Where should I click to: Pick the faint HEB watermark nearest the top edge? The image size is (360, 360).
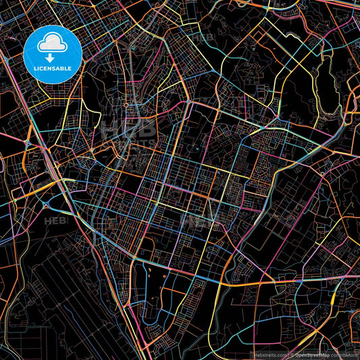click(x=201, y=38)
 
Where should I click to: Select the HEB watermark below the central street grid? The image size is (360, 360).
click(x=199, y=220)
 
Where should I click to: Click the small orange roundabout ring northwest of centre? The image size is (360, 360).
click(x=126, y=105)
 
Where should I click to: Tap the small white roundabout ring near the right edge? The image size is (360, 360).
click(x=323, y=174)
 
